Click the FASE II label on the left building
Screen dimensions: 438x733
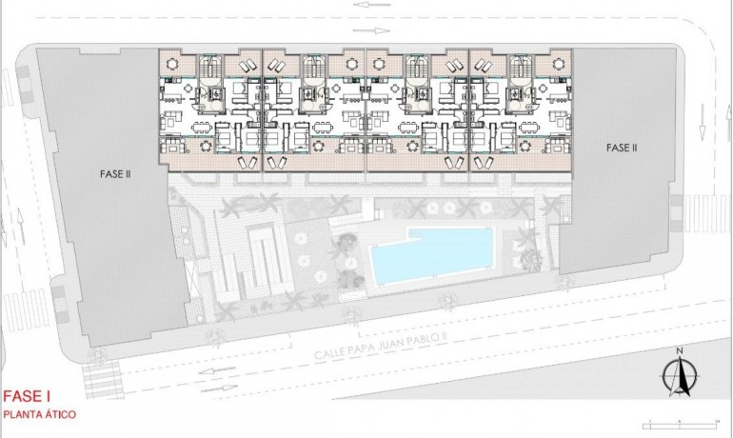click(x=115, y=174)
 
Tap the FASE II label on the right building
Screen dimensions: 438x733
click(x=622, y=148)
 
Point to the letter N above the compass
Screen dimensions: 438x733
click(x=679, y=352)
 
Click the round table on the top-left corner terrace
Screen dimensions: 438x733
click(x=172, y=64)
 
